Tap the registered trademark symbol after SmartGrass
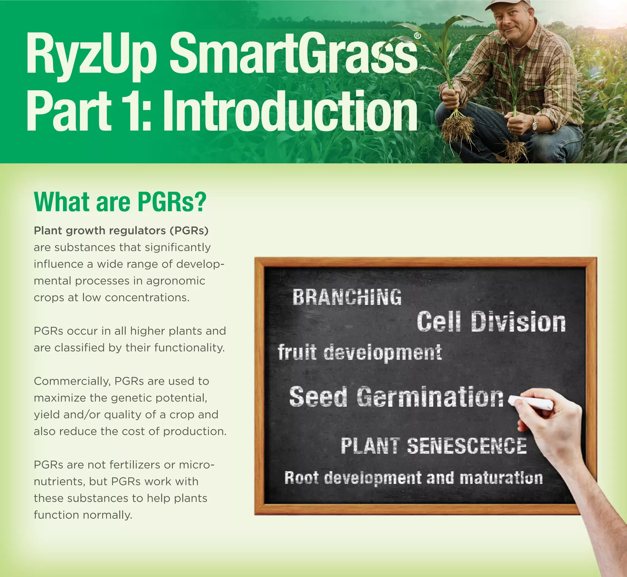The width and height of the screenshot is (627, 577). pyautogui.click(x=418, y=36)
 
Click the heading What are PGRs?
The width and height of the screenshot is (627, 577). pyautogui.click(x=120, y=202)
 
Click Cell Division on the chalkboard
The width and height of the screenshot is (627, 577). pyautogui.click(x=491, y=322)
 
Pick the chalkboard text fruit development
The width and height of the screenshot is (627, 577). pyautogui.click(x=359, y=352)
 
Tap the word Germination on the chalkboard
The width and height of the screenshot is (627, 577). pyautogui.click(x=430, y=397)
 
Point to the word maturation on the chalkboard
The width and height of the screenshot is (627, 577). pyautogui.click(x=501, y=478)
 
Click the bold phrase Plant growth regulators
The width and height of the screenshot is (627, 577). pyautogui.click(x=100, y=230)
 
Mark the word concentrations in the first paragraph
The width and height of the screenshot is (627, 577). pyautogui.click(x=147, y=298)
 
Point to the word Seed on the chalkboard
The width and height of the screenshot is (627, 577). pyautogui.click(x=318, y=397)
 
